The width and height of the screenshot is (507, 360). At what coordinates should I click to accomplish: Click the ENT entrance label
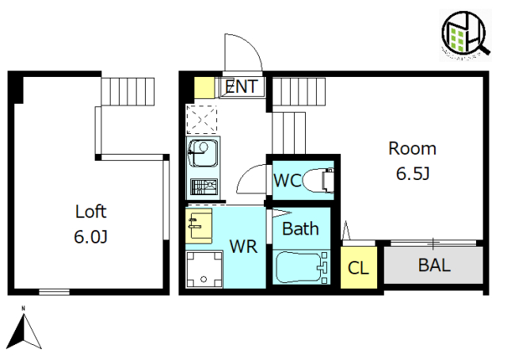click(241, 86)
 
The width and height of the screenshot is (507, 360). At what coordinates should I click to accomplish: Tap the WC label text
click(287, 180)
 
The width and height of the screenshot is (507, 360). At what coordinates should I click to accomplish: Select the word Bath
click(301, 229)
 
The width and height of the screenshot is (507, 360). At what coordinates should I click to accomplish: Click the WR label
click(244, 247)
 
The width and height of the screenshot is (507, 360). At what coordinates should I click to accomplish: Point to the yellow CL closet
click(358, 267)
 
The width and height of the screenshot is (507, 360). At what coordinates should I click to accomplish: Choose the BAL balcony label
click(434, 265)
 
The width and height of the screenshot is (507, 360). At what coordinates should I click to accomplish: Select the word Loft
click(90, 212)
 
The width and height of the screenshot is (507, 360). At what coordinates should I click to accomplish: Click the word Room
click(412, 147)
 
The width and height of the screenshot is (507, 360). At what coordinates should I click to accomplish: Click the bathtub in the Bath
click(301, 267)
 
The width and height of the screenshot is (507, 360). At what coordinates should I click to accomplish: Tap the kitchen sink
click(203, 151)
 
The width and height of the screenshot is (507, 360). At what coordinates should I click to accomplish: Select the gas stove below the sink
click(203, 188)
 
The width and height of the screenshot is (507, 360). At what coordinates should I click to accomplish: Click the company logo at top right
click(467, 35)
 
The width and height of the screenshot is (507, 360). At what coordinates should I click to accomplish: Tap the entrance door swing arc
click(242, 52)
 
